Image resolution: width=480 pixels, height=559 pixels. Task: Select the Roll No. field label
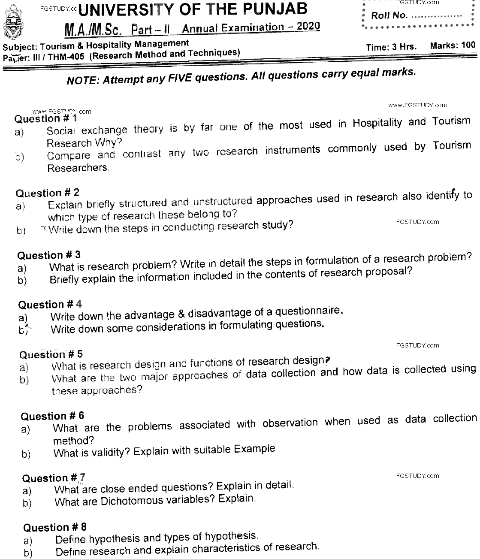coord(389,15)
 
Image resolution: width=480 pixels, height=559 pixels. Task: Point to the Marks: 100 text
coord(453,45)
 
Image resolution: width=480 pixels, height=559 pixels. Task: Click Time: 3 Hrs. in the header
coord(391,47)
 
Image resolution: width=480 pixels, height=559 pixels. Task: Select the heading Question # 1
coord(46,118)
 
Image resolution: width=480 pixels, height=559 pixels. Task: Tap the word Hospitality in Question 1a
coord(377,123)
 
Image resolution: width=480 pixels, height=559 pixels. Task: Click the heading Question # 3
coord(48,255)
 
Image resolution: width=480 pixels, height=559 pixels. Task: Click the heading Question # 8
coord(55,527)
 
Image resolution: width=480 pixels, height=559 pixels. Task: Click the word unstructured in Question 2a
coord(222,201)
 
